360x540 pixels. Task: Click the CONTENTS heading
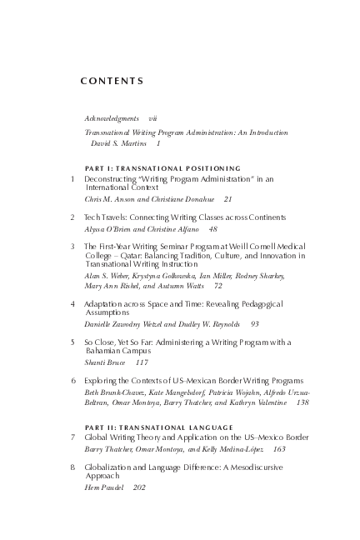point(112,82)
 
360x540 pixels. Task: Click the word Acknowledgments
point(112,119)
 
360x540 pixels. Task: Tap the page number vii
point(152,119)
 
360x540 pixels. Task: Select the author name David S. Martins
point(117,143)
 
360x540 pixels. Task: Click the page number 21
point(227,199)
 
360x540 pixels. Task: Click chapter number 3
point(73,247)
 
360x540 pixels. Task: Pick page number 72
point(218,285)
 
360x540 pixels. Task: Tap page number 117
point(142,362)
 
